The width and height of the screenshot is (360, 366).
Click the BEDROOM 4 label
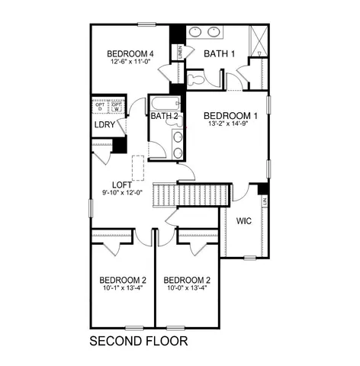(x=130, y=53)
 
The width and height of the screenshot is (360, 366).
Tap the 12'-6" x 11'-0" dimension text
(x=130, y=62)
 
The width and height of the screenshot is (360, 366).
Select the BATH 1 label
(x=219, y=53)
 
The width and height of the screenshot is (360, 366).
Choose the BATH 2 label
(x=164, y=116)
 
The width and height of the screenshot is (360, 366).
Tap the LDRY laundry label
(x=104, y=124)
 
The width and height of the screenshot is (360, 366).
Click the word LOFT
(x=122, y=185)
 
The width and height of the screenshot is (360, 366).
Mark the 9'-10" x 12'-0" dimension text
(x=122, y=193)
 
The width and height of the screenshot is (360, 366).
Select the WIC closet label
(x=244, y=221)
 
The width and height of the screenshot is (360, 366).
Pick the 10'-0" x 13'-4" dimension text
(x=187, y=289)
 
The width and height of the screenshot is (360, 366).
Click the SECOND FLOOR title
(x=138, y=340)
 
